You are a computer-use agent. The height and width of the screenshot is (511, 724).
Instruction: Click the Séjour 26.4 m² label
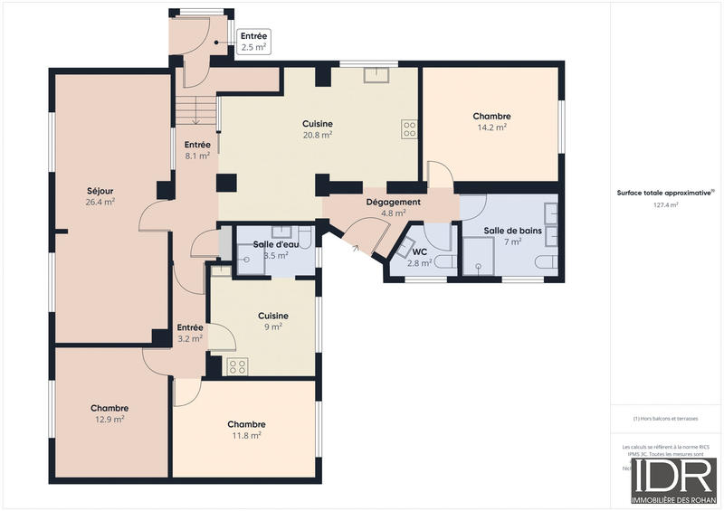pos(100,196)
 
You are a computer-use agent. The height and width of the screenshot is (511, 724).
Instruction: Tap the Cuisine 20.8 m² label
pos(317,128)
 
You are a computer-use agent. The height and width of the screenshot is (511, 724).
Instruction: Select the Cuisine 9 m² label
pos(273,321)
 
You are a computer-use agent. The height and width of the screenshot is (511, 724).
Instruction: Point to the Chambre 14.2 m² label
pos(491,121)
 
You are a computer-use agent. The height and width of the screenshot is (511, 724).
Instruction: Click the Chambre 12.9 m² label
pos(109,413)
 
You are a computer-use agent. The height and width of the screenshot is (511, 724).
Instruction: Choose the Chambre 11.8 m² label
pos(246,430)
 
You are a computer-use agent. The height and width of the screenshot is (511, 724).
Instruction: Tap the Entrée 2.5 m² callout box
pos(253,41)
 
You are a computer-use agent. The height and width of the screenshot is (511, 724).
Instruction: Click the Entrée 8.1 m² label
pos(197,149)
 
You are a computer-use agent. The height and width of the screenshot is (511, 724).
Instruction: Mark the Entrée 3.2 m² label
pos(190,333)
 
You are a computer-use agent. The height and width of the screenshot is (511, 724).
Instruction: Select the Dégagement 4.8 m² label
pos(393,207)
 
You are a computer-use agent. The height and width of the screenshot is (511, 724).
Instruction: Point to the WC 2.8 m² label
pos(419,257)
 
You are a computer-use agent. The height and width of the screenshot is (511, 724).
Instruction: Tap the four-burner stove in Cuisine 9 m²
pos(237,366)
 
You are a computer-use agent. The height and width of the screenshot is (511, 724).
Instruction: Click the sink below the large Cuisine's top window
pos(376,75)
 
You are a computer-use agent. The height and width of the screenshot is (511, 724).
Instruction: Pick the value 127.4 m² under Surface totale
pos(665,205)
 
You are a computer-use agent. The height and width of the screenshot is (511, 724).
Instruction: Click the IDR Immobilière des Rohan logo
pos(674,481)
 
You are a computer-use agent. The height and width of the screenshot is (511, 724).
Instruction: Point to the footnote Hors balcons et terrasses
pos(665,418)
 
